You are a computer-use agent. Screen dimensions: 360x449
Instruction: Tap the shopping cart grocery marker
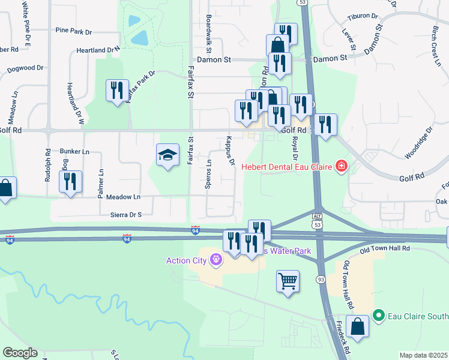(288, 281)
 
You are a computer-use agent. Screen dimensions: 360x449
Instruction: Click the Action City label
(187, 260)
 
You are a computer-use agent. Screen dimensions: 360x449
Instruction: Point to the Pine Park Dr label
(73, 30)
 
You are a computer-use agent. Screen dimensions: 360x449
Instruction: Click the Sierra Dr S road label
(121, 214)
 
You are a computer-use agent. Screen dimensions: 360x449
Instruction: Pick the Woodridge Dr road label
(418, 142)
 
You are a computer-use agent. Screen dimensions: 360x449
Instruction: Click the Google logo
(20, 353)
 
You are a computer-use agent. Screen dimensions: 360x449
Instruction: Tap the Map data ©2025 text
(423, 355)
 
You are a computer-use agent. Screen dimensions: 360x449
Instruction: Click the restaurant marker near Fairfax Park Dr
(116, 91)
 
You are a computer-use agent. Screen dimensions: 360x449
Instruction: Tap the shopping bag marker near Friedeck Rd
(357, 327)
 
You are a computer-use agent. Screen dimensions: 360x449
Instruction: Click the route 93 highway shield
(322, 279)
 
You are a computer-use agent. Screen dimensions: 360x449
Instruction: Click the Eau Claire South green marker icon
(378, 314)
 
